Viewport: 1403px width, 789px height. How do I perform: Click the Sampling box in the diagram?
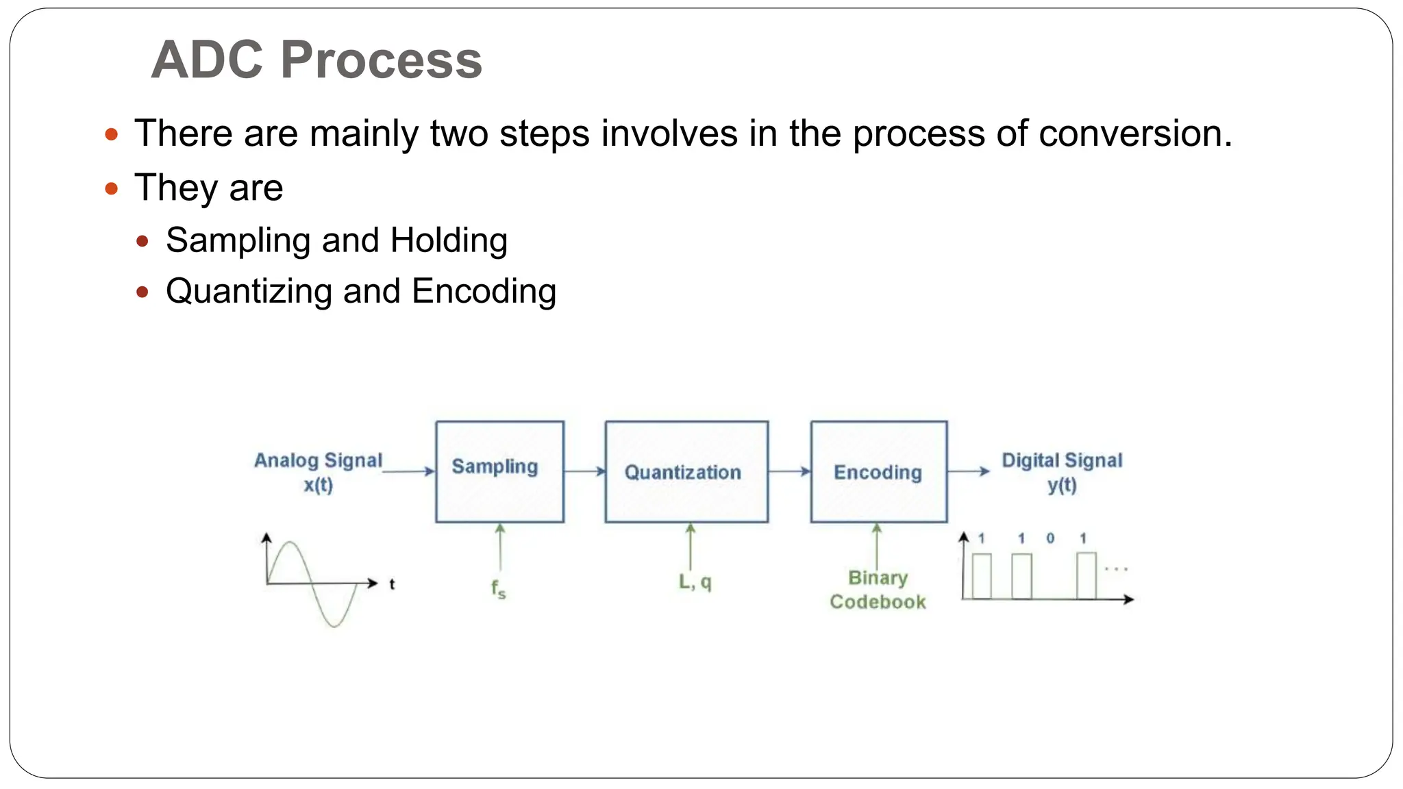pos(499,472)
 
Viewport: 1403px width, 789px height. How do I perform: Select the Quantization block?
pos(686,472)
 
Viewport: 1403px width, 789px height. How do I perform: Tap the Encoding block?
pos(878,472)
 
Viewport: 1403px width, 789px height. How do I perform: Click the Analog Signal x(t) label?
pos(318,472)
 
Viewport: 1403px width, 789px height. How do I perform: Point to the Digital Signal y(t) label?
pos(1061,472)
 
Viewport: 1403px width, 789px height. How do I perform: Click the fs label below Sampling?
pos(498,588)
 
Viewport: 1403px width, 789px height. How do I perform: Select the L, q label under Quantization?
pos(695,582)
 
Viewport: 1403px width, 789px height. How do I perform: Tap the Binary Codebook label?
pos(878,590)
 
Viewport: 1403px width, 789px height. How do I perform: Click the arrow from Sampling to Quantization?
pos(584,471)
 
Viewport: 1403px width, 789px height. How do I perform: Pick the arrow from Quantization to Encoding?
pos(789,471)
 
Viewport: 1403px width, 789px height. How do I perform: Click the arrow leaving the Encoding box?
pos(969,471)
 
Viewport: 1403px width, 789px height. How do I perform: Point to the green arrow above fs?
pos(500,547)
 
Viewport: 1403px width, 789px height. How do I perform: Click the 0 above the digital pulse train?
pos(1050,538)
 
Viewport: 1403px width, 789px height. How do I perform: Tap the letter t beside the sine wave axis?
pos(392,584)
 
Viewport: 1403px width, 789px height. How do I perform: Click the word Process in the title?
pos(381,60)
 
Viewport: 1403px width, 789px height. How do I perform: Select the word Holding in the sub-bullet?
pos(449,240)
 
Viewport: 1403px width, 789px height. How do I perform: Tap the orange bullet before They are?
pos(112,188)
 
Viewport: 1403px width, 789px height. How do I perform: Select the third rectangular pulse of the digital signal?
pos(1086,576)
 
